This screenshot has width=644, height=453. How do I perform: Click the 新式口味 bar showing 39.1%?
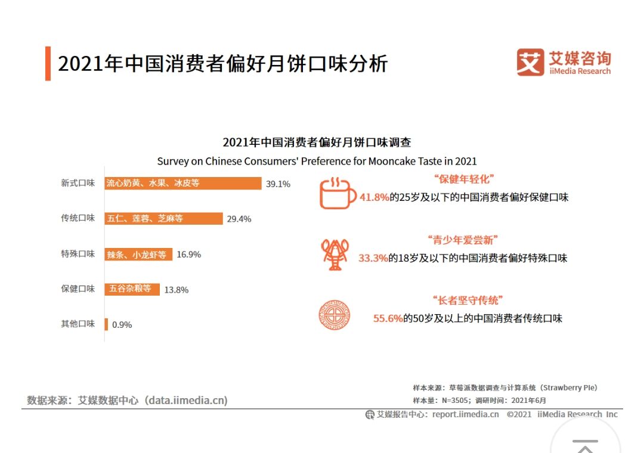pos(183,184)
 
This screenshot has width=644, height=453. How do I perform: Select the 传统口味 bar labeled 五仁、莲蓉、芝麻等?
pos(163,219)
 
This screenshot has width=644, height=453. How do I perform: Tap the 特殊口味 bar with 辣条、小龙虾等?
pos(138,255)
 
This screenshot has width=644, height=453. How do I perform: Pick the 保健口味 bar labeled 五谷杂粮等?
pos(132,289)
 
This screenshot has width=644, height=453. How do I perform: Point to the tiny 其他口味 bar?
pos(106,324)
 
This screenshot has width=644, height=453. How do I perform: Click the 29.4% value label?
pos(239,219)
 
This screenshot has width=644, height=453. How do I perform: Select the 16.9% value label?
pos(189,255)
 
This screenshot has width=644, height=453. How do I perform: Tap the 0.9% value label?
pos(122,325)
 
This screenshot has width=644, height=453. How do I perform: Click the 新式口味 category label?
pos(78,184)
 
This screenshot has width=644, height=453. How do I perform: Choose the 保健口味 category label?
pos(78,289)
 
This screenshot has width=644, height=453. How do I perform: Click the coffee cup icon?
pos(338,193)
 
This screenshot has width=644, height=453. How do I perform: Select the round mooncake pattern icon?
pos(334,315)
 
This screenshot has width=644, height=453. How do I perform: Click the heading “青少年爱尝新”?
pos(463,240)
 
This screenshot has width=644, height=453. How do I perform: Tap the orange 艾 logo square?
pos(530,63)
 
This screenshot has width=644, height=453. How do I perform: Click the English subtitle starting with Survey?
pos(317,162)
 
